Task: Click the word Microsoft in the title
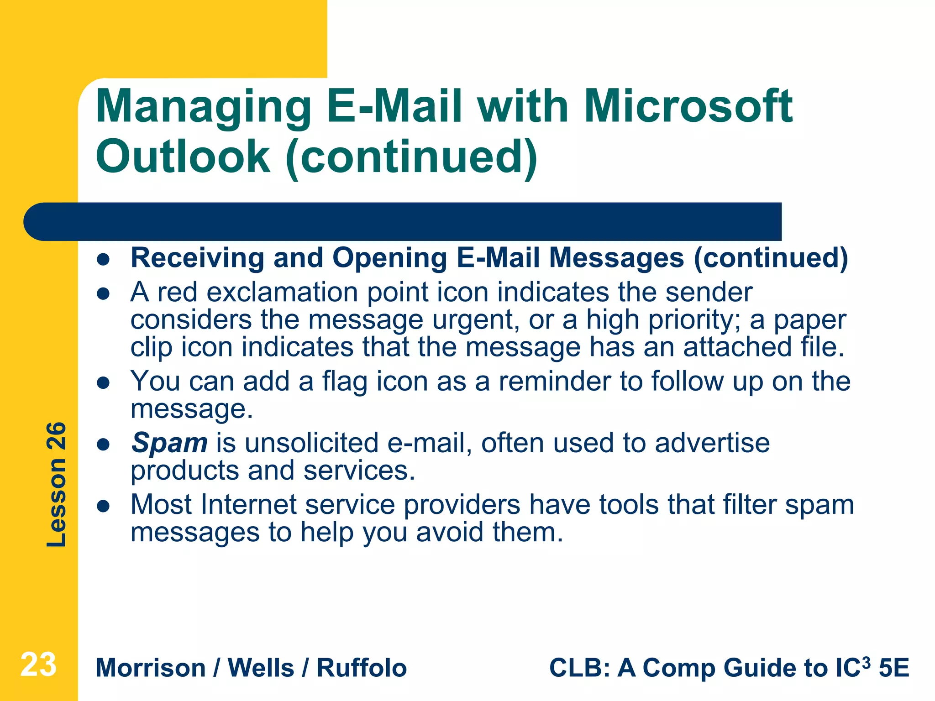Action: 688,106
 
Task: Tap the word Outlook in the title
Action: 183,157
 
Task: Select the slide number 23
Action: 38,664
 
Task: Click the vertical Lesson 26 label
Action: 57,484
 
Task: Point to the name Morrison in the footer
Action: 151,668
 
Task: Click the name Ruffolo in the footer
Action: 362,668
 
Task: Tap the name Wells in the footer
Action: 261,668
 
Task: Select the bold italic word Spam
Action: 169,443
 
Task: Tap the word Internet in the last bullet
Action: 248,505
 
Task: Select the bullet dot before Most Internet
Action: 104,506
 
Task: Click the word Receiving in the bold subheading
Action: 197,258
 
